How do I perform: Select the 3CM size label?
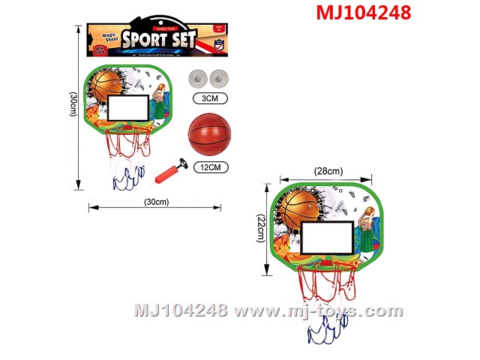click(209, 97)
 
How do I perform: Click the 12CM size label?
click(209, 168)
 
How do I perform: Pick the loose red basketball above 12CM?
click(209, 134)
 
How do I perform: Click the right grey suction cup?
click(220, 77)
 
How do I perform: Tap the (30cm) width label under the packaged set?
click(155, 202)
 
